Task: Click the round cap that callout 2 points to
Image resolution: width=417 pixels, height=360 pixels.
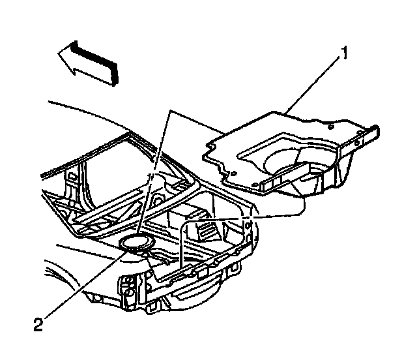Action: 137,243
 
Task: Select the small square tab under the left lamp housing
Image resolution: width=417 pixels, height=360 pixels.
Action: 126,303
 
